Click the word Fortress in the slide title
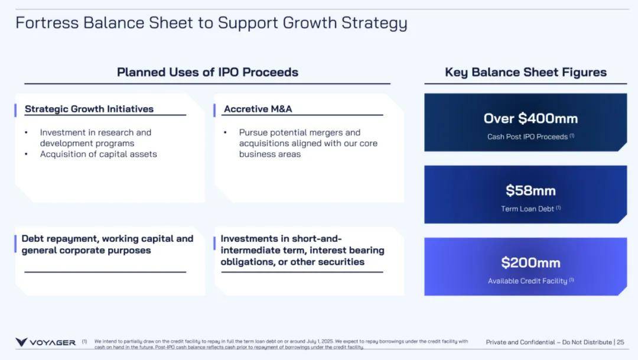pos(47,23)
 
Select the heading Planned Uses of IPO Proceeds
pos(207,72)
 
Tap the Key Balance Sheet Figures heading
pos(526,72)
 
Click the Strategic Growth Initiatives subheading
pos(89,109)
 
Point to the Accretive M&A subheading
pos(258,109)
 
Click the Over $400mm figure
pos(530,118)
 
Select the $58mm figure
pos(530,190)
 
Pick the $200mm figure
pos(530,262)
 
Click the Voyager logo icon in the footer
pos(21,342)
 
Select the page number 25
pos(620,342)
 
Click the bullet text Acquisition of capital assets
pos(99,154)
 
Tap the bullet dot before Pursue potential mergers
pos(225,133)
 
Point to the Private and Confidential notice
pos(549,342)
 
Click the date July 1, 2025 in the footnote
pos(320,341)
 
